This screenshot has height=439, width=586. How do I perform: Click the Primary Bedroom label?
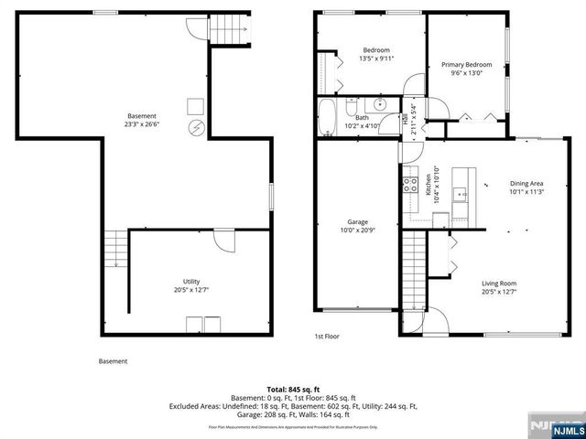tap(467, 65)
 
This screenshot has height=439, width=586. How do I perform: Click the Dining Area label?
tap(526, 183)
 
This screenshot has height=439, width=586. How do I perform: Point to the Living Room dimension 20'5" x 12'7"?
tap(499, 293)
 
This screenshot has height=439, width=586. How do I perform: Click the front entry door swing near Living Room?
tap(434, 320)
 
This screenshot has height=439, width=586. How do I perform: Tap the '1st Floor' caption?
tap(327, 337)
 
